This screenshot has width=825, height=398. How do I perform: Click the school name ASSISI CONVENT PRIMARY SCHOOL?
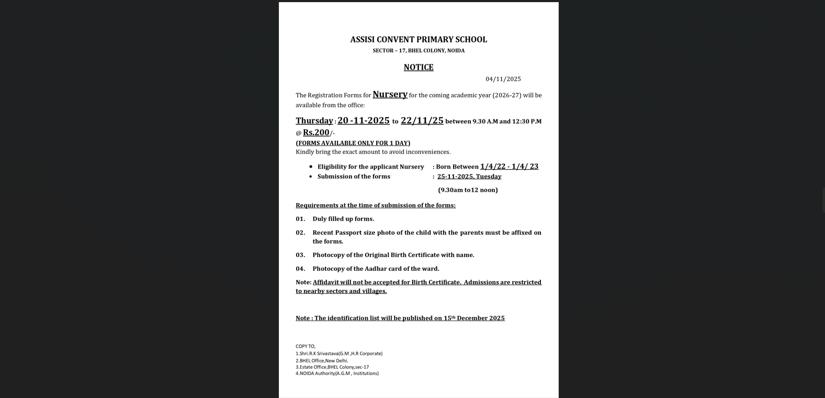(419, 40)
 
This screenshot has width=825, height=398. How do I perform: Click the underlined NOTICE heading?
(419, 67)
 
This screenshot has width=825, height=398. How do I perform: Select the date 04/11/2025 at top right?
(503, 79)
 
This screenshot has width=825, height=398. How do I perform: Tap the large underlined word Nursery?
(390, 94)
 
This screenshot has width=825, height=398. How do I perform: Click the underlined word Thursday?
(314, 121)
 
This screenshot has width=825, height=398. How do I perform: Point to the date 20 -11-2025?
(363, 120)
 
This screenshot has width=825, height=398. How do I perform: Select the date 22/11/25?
(422, 120)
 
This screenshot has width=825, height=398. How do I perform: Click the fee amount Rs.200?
(316, 132)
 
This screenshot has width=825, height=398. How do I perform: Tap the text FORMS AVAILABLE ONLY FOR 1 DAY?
(353, 143)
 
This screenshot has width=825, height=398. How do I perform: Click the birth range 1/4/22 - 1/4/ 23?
(509, 167)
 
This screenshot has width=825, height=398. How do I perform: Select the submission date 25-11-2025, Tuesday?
(469, 176)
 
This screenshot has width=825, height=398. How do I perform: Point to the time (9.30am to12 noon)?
(468, 190)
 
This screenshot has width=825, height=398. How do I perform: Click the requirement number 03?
(300, 255)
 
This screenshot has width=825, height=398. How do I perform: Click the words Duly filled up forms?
(343, 219)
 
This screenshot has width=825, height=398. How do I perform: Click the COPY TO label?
(306, 346)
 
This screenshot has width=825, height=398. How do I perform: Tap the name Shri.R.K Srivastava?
(319, 353)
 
